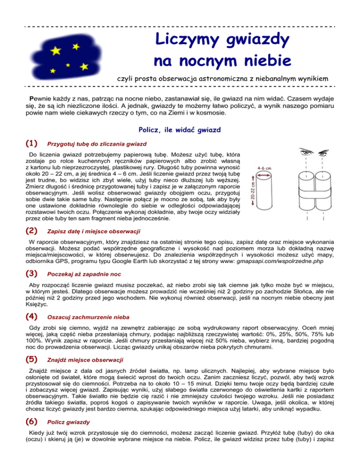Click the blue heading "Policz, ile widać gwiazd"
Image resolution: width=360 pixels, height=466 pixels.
pos(180,130)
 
